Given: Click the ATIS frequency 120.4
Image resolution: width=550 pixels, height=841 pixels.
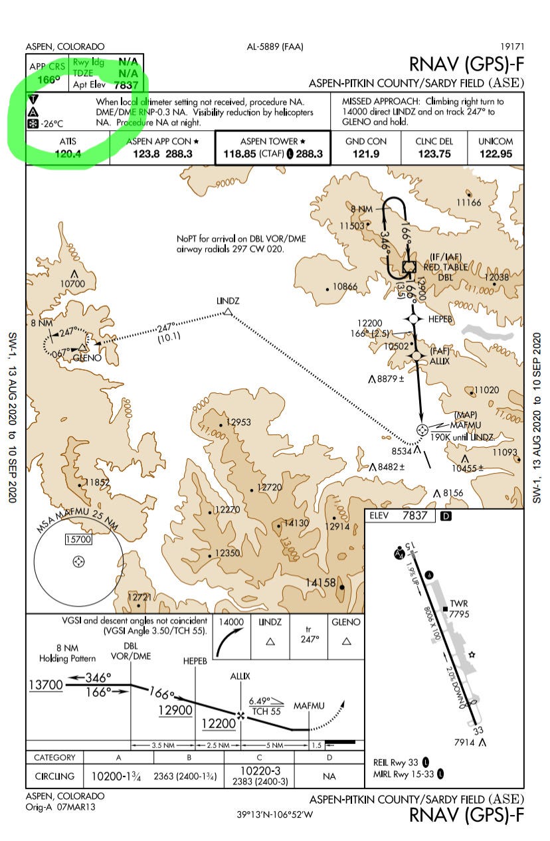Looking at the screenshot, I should point(67,153).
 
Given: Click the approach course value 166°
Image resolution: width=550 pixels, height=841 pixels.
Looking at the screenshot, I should point(48,80).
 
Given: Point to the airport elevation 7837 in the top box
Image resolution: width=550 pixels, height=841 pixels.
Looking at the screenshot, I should point(126,84).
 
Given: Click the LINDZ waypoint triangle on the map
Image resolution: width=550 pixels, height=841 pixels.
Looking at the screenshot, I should point(228,311).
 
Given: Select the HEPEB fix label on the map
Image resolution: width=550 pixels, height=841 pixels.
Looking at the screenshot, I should point(440,319).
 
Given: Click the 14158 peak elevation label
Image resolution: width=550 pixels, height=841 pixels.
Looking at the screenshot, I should point(320,583).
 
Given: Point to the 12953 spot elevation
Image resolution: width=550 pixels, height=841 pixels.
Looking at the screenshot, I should point(238,422).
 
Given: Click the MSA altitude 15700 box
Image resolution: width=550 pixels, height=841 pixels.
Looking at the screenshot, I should point(78,539).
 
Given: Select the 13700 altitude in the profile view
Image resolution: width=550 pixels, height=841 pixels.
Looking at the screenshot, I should point(46,685).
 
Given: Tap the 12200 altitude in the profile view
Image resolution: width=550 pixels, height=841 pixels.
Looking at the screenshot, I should point(219,723).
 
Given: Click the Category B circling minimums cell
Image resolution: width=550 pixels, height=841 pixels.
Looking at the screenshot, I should point(188,775).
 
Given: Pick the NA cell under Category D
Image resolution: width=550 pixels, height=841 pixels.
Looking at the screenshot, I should point(329,775).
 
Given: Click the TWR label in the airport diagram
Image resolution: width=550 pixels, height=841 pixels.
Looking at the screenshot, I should point(459,604).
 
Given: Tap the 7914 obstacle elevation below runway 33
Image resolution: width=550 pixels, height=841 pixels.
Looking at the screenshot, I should point(464,741).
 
